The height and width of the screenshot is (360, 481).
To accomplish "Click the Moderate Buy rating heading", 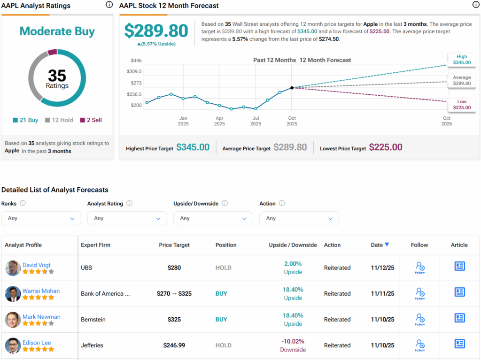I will pos(57,31).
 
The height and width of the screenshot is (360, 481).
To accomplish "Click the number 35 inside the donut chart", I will pos(57,76).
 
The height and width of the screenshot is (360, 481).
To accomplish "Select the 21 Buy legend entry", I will pos(25,120).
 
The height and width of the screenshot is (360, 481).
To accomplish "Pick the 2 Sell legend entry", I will pos(91,120).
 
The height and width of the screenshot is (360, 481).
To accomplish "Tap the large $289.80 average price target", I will pos(156,31).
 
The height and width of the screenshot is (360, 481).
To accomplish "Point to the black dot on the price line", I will pos(292,88).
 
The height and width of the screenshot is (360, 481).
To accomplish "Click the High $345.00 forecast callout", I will pos(461,59).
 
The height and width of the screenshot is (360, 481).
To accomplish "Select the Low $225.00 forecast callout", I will pos(461,105).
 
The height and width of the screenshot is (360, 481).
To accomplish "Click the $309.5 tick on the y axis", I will pos(134,71).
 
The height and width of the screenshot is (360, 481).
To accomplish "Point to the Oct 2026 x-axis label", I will pos(446,121).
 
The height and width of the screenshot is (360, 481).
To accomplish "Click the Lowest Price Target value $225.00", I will pos(385,147).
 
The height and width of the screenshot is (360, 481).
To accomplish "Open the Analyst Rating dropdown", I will pos(127,218).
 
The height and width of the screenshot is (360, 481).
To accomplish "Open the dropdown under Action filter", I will pos(299,218).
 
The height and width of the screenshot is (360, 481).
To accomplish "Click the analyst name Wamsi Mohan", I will pos(41,291).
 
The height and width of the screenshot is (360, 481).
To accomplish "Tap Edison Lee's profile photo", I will pos(13,345).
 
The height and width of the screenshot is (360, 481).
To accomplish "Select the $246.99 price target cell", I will pos(174,345).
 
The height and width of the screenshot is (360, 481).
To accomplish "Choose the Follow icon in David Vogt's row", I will pos(419,268).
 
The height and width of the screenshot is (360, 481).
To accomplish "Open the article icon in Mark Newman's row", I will pos(459,318).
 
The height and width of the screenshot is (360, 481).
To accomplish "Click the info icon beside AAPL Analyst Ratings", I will pos(109,5).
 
